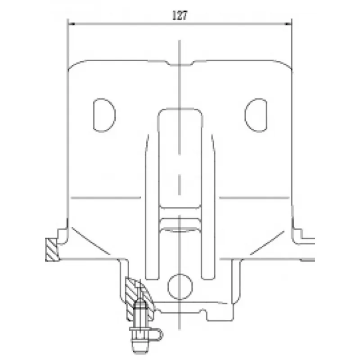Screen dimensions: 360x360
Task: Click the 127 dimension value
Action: [180, 15]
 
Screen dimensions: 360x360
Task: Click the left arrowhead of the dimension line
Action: [72, 24]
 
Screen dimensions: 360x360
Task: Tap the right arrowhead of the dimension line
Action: [288, 24]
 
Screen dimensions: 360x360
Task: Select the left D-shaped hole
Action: [104, 115]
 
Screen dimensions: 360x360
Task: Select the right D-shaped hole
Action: [256, 115]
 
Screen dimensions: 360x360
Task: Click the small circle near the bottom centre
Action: [180, 287]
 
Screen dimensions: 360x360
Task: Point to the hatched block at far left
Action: [52, 250]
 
